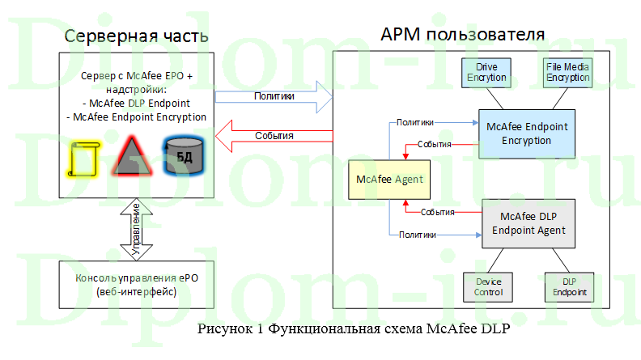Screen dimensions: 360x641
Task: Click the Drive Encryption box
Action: point(486,73)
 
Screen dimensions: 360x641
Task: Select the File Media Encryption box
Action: point(567,73)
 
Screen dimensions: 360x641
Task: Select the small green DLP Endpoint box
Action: point(567,286)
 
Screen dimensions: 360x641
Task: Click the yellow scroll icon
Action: point(82,159)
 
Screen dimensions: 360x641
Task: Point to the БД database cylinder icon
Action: point(180,155)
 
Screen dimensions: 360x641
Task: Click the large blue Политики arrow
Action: point(274,97)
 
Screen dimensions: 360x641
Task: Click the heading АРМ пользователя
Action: point(462,35)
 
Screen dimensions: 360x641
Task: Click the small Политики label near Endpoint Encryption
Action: point(414,122)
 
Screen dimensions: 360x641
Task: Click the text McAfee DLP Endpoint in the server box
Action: point(137,103)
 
